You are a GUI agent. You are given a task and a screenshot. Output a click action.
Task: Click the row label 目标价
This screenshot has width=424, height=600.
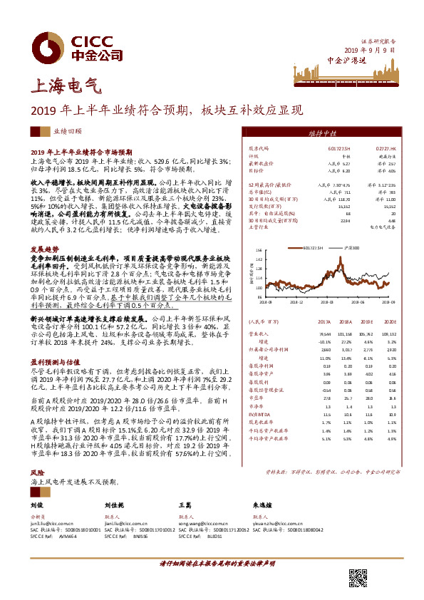(x=255, y=171)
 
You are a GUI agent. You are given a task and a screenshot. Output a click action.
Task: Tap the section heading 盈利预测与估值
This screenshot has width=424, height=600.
(x=51, y=361)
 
